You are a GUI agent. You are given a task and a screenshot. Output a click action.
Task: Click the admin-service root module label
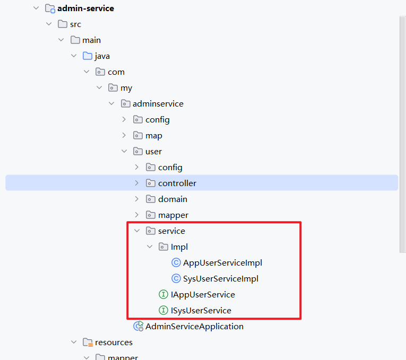pyautogui.click(x=85, y=8)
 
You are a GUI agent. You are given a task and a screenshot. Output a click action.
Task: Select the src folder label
pyautogui.click(x=75, y=24)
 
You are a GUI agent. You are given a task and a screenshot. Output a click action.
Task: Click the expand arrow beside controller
pyautogui.click(x=137, y=183)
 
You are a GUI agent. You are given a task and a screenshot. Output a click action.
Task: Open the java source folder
pyautogui.click(x=102, y=56)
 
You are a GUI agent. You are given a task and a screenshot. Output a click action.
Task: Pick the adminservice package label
pyautogui.click(x=158, y=103)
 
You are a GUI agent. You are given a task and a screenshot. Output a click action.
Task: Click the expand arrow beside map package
pyautogui.click(x=124, y=135)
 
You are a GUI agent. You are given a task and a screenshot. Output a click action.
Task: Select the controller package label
pyautogui.click(x=177, y=183)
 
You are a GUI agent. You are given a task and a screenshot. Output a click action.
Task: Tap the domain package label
pyautogui.click(x=172, y=199)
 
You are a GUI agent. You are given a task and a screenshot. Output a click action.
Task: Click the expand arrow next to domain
pyautogui.click(x=137, y=199)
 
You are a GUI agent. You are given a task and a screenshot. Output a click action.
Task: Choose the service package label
pyautogui.click(x=171, y=231)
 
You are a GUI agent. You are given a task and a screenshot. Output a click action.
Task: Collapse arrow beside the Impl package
pyautogui.click(x=150, y=247)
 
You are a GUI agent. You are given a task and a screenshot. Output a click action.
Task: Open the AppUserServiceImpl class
pyautogui.click(x=222, y=262)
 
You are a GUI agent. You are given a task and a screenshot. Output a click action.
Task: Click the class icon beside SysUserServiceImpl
pyautogui.click(x=176, y=278)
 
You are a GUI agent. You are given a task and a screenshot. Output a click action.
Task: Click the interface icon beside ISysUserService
pyautogui.click(x=163, y=310)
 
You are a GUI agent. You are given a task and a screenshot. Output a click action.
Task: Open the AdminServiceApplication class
pyautogui.click(x=194, y=326)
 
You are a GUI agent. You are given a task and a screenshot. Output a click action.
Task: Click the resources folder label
pyautogui.click(x=114, y=342)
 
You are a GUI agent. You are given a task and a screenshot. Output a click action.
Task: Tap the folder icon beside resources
pyautogui.click(x=88, y=342)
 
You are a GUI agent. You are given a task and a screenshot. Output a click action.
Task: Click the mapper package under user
pyautogui.click(x=173, y=215)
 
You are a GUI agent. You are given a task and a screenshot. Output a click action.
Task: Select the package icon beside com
pyautogui.click(x=100, y=72)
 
